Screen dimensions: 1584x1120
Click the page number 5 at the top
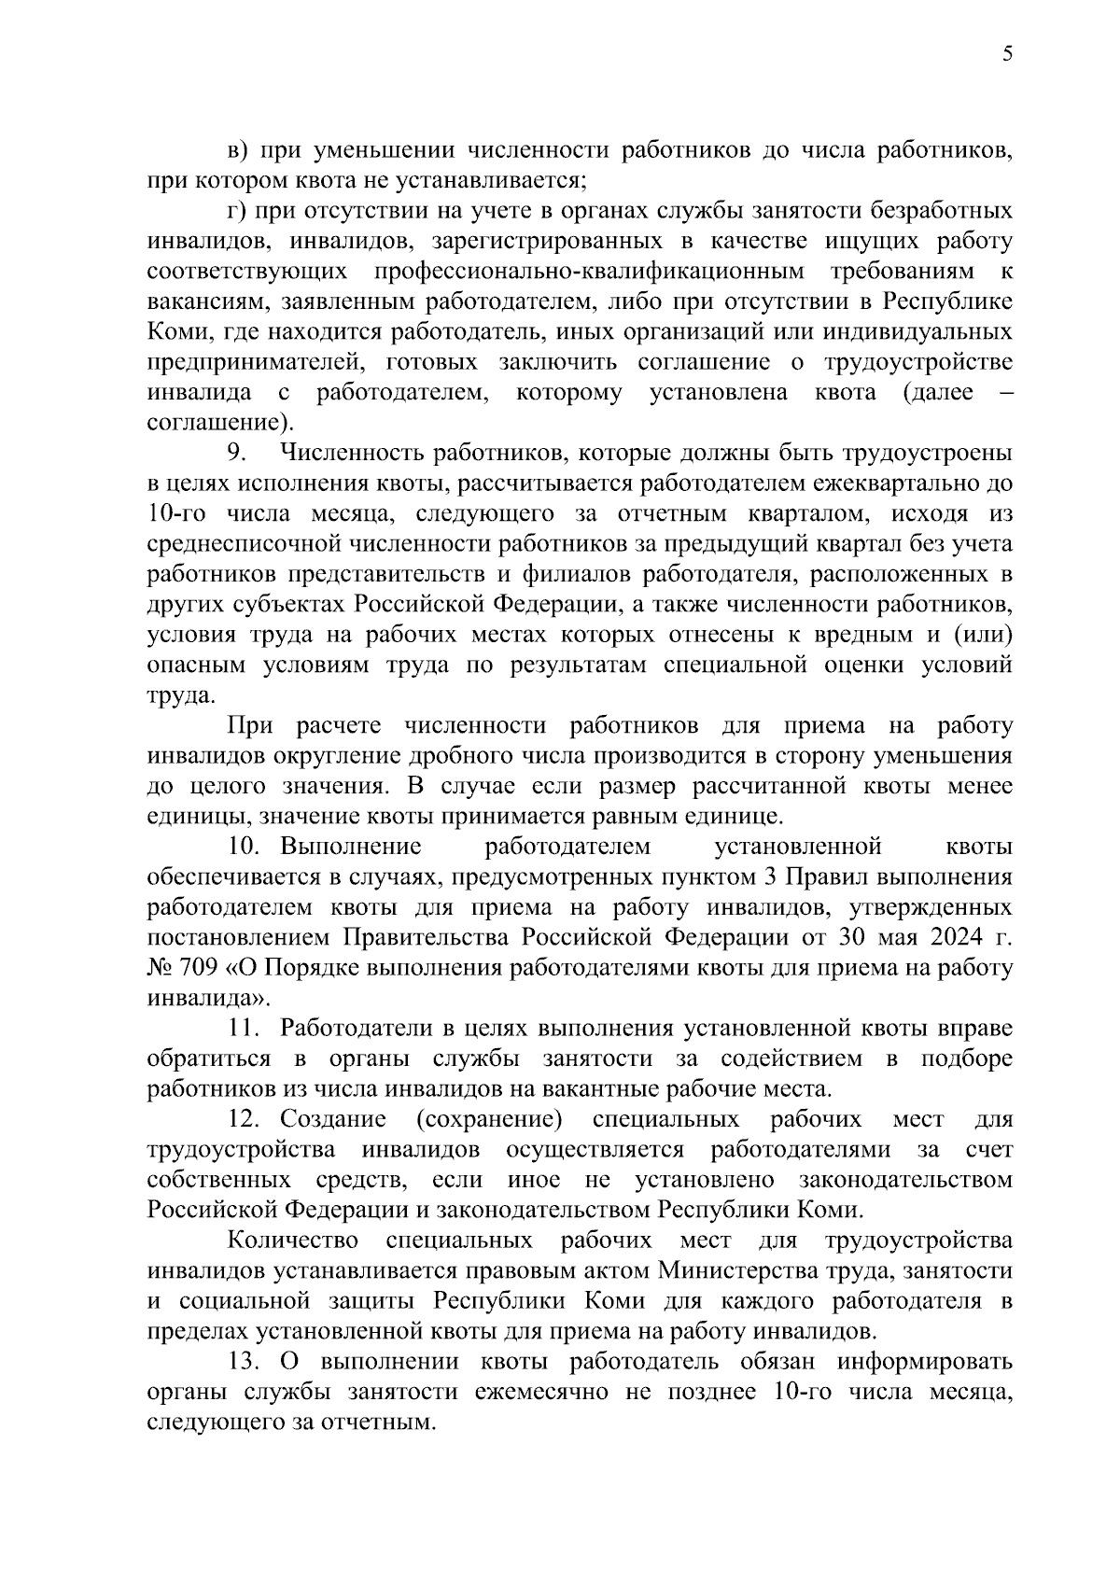click(x=1007, y=54)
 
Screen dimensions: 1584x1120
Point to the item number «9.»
click(x=237, y=453)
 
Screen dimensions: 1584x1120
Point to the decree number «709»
click(x=197, y=968)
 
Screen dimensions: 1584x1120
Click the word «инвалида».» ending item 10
click(x=207, y=999)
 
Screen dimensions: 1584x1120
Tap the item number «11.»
click(x=248, y=1029)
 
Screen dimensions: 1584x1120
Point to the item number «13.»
click(x=248, y=1362)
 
